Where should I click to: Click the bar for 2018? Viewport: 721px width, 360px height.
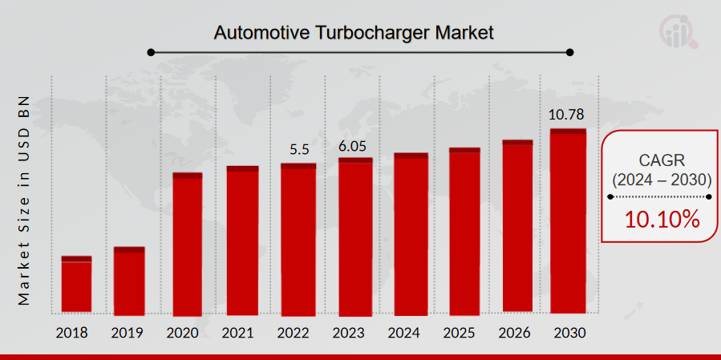(x=76, y=285)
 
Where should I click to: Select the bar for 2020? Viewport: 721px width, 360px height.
(x=188, y=245)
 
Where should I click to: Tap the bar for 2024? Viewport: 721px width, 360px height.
(x=411, y=234)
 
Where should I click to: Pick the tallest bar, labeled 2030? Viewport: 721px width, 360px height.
(x=568, y=220)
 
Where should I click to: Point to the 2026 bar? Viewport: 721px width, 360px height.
(x=518, y=226)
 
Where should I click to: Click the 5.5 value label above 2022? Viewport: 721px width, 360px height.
(x=298, y=149)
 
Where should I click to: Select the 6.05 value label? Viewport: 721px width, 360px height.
(x=355, y=144)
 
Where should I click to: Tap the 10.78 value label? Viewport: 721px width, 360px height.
(x=568, y=115)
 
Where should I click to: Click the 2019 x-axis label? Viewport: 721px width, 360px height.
(x=128, y=332)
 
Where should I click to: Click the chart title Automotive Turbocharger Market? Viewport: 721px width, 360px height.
(x=354, y=33)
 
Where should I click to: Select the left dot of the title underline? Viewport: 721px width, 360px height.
(x=150, y=53)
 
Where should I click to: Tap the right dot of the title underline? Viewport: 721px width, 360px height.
(x=570, y=53)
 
